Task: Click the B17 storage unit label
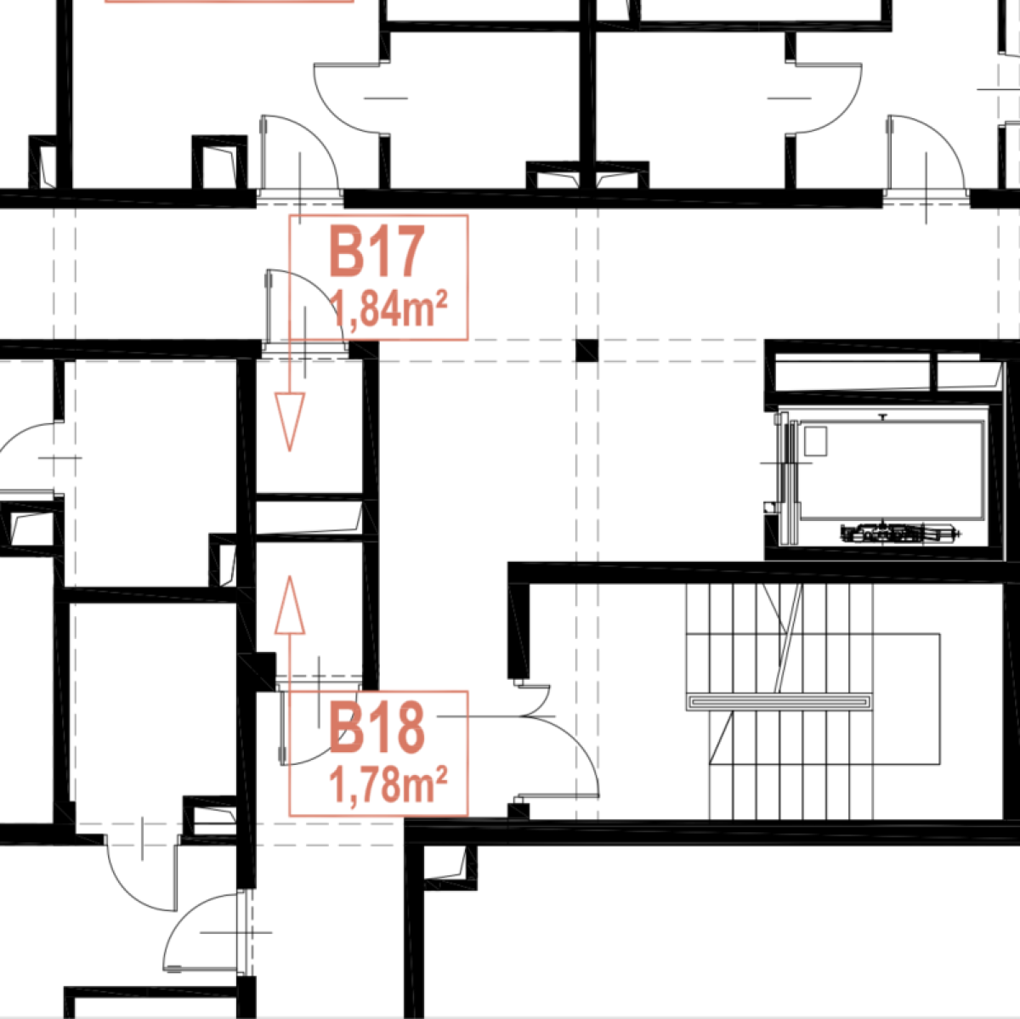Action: coord(377,252)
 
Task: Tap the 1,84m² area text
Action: coord(388,309)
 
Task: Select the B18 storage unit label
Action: coord(377,727)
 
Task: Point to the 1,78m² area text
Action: coord(388,785)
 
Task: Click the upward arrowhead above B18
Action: coord(290,605)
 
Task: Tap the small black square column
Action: coord(587,350)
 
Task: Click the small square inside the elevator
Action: coord(815,441)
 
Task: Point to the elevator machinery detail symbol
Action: coord(901,534)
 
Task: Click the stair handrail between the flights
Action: coord(779,702)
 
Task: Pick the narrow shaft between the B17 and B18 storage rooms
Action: coord(309,518)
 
